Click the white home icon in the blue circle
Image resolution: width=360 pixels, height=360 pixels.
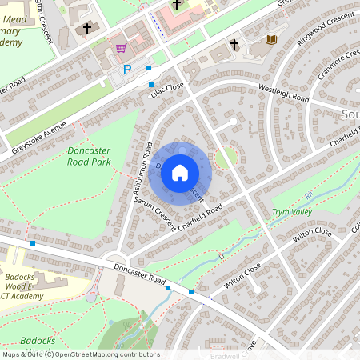[x=180, y=173]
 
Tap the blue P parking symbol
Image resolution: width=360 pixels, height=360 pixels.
[x=126, y=70]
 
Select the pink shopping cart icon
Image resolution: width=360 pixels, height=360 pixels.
[x=121, y=48]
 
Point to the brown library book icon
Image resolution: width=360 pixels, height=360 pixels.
[x=270, y=39]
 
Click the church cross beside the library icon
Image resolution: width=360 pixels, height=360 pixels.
[x=234, y=44]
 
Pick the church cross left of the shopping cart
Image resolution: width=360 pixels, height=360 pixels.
[x=86, y=29]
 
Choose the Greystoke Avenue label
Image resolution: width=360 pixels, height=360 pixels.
[x=38, y=134]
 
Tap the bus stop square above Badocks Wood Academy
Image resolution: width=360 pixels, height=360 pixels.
[x=33, y=243]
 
